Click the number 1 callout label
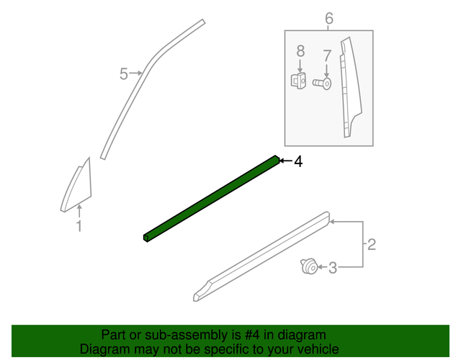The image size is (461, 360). coord(79,227)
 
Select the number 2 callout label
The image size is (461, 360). coord(372,245)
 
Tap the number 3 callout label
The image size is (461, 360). coord(332,269)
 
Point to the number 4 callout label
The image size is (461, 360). coord(297,162)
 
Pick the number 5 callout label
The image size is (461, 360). coord(123,73)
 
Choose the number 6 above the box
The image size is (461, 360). coord(329,18)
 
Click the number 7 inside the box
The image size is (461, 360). coord(326,55)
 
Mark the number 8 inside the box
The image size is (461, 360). coord(300,51)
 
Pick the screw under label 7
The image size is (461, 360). coord(323,84)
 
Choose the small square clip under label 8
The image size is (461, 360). coord(297,80)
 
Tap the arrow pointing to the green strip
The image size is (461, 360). coord(285,162)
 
